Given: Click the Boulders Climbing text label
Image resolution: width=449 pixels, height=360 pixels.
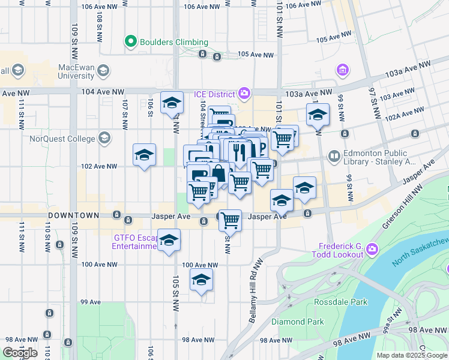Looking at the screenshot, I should [x=173, y=42].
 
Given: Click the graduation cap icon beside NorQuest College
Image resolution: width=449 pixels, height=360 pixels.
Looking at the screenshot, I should [x=104, y=139].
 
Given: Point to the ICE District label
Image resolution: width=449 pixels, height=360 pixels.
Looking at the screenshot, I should [x=214, y=94].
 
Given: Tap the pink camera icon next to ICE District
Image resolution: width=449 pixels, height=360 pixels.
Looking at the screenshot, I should [x=244, y=93].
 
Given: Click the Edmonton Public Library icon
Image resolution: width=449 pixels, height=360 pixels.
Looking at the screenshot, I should [x=334, y=157].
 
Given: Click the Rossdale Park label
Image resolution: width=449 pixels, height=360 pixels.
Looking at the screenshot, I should [x=343, y=302].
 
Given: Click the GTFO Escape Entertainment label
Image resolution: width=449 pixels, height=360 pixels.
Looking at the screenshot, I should [x=135, y=241].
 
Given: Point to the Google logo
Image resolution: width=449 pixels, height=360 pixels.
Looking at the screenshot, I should [x=20, y=353].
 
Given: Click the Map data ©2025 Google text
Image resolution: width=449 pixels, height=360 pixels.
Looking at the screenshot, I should [x=411, y=355].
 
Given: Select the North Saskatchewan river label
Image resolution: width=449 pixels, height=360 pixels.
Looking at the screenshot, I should [x=420, y=251].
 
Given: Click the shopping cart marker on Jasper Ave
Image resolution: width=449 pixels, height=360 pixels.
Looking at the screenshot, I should [x=231, y=220].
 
